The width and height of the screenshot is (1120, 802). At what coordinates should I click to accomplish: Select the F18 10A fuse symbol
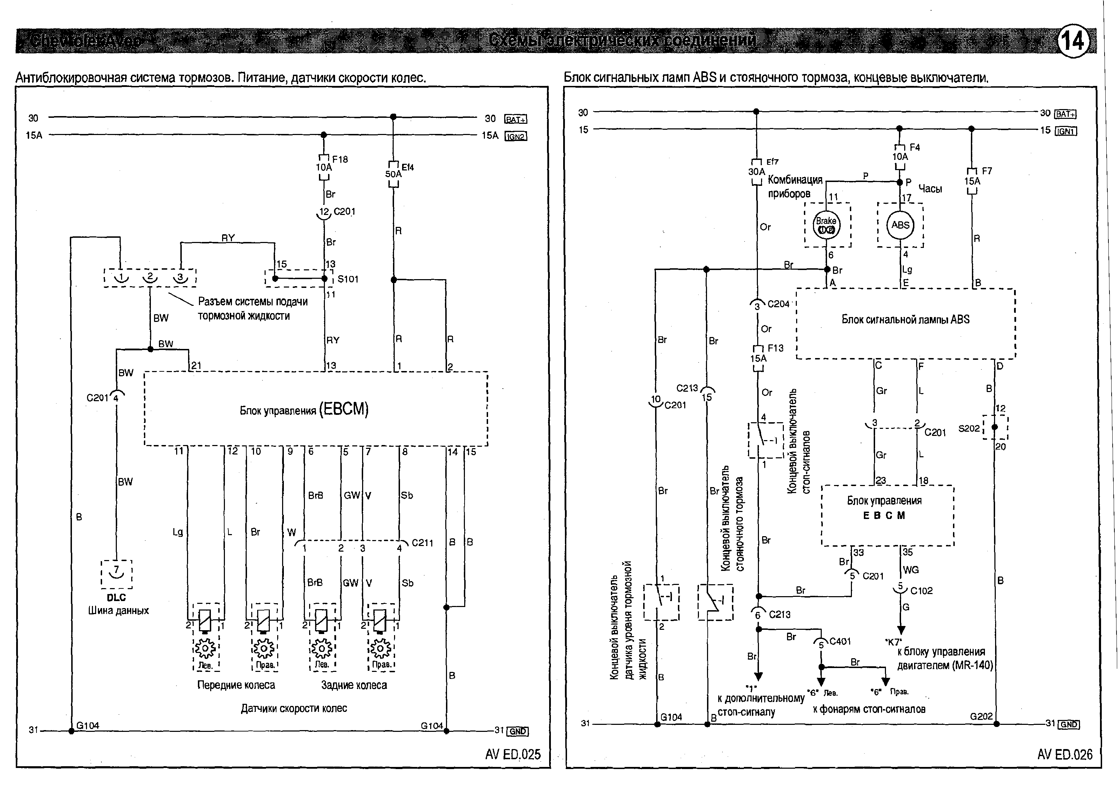coord(324,167)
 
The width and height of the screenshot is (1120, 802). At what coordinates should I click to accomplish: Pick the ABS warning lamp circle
coord(900,225)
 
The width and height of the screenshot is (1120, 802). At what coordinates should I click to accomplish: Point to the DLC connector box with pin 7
coord(116,573)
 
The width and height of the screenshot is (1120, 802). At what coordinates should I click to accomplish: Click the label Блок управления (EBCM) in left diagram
coord(304,410)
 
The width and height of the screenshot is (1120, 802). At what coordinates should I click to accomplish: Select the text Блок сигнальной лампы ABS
coord(905,319)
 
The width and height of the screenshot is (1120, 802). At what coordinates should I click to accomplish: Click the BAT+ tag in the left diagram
coord(515,119)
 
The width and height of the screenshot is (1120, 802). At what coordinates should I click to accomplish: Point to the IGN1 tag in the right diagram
coord(1065,131)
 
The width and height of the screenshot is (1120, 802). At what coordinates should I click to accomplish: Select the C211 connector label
coord(422,543)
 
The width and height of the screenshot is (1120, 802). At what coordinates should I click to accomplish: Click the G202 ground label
coord(981,716)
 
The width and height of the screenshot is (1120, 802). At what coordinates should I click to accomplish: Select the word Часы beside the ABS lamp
coord(930,189)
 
